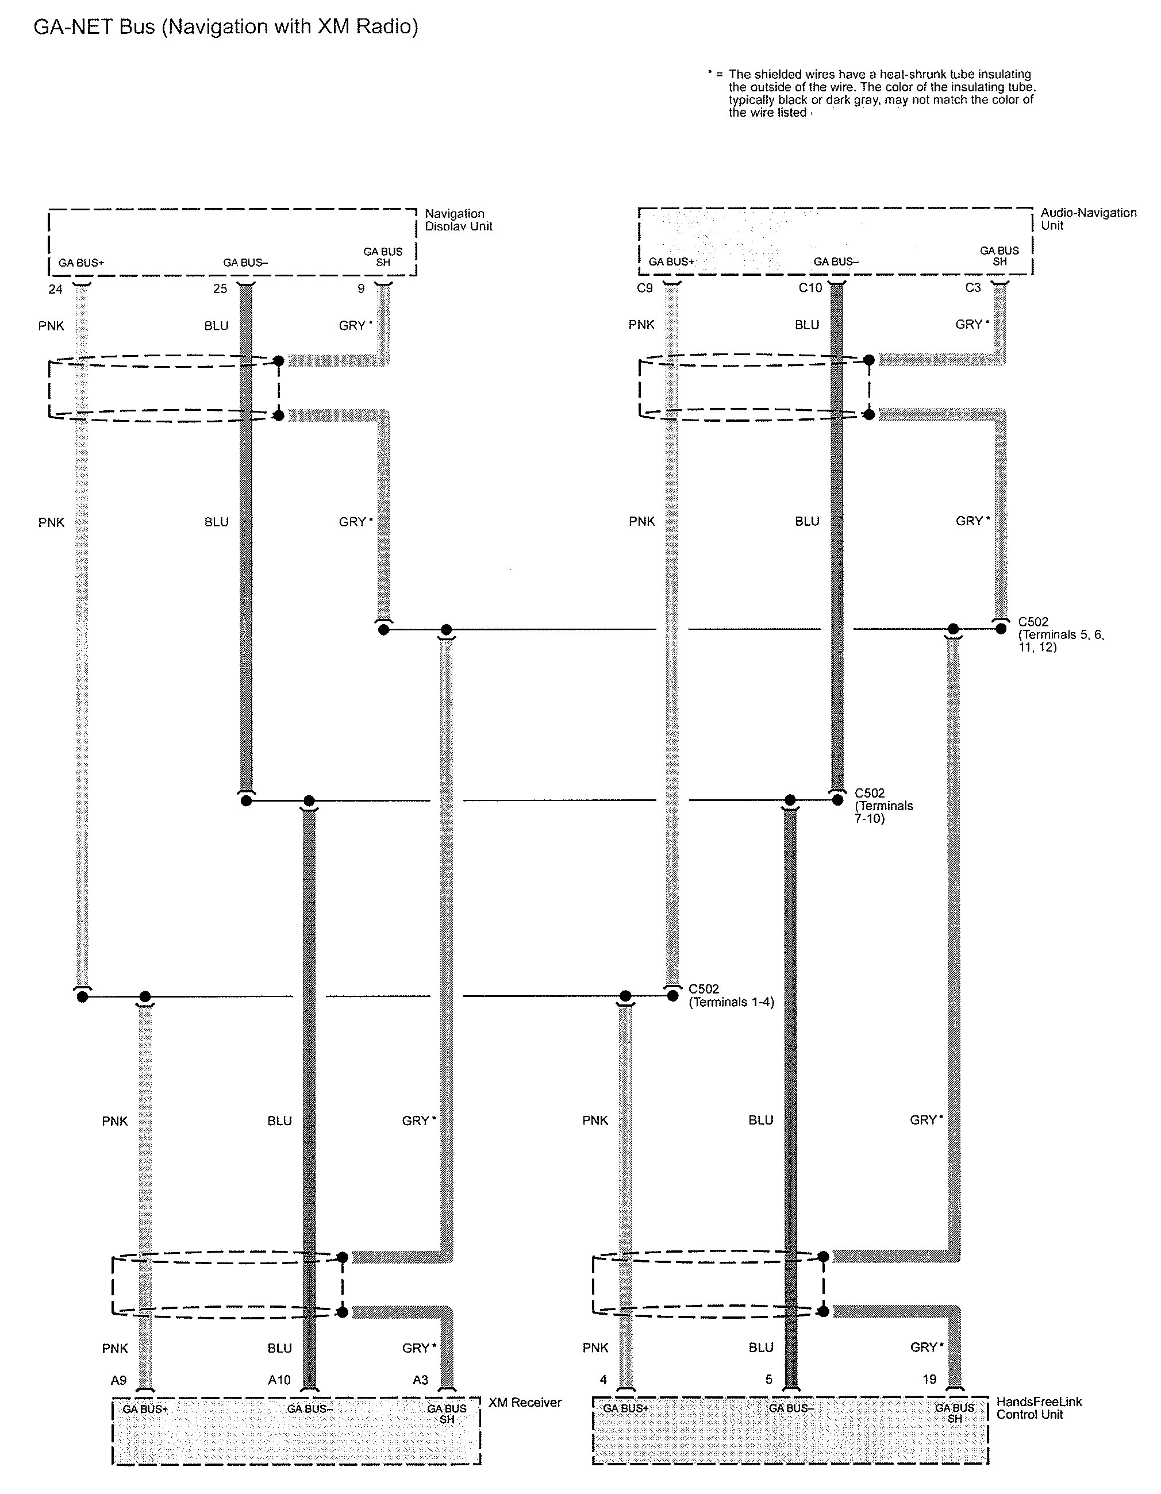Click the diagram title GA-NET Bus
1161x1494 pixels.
[94, 26]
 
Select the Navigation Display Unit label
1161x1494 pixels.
[459, 220]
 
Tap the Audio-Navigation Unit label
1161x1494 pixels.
[1089, 219]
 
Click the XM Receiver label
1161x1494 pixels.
[525, 1402]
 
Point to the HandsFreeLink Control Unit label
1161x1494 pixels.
[1039, 1408]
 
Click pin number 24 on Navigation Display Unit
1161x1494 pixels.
[55, 290]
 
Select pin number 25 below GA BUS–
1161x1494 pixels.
[220, 288]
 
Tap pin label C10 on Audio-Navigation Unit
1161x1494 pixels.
[810, 288]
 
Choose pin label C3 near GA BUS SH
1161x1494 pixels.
[973, 287]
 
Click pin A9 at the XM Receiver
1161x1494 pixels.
[118, 1380]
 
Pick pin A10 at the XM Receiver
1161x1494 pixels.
[279, 1380]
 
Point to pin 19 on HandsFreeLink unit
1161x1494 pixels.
[929, 1379]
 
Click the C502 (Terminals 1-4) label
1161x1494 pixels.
[731, 995]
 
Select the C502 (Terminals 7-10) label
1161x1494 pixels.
[884, 806]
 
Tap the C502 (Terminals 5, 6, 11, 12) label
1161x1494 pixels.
[1061, 634]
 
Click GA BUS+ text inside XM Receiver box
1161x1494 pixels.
[145, 1409]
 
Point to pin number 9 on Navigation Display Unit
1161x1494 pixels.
[360, 288]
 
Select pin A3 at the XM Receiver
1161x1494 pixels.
[420, 1380]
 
